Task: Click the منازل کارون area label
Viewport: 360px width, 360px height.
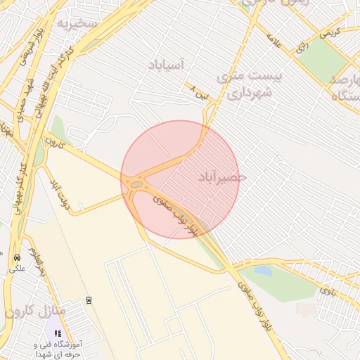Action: [x=34, y=311]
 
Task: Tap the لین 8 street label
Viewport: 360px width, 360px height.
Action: [x=200, y=92]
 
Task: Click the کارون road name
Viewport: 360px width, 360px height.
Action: [x=54, y=140]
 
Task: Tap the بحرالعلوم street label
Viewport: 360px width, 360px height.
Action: [x=37, y=261]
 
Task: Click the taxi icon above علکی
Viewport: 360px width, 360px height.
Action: [x=16, y=257]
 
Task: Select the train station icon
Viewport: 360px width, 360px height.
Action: [x=89, y=300]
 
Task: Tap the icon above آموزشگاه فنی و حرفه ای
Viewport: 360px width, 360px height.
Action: [x=58, y=333]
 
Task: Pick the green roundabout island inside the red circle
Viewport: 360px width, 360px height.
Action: [x=136, y=184]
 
